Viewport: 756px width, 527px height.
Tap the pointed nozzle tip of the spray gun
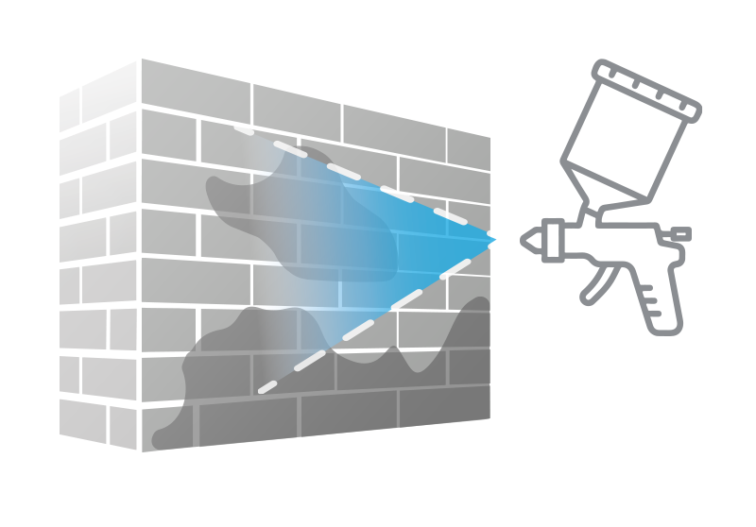point(526,240)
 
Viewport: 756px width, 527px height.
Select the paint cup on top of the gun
point(624,132)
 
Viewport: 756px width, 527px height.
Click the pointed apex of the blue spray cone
point(494,240)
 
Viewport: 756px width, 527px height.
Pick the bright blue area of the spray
point(425,241)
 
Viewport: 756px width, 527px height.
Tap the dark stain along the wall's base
point(331,397)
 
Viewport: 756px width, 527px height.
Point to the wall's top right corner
point(490,138)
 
